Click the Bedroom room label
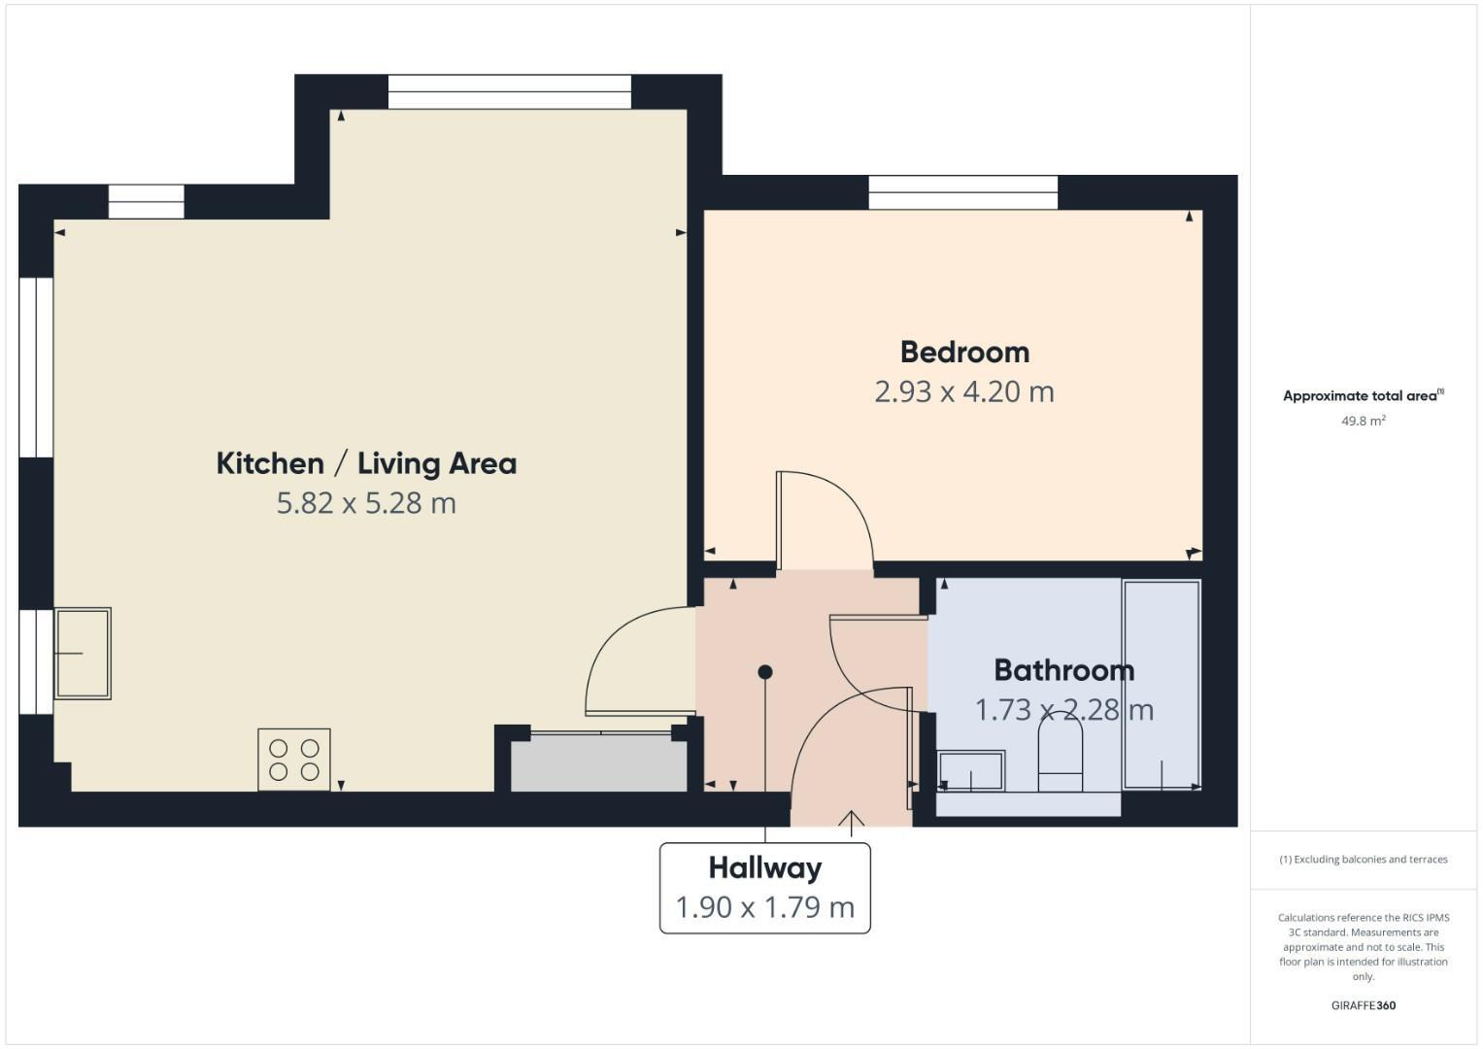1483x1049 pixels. tap(963, 352)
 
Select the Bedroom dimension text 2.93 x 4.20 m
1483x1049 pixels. tap(963, 391)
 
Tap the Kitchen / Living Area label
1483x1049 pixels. tap(366, 463)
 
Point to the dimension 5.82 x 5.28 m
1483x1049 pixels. tap(366, 503)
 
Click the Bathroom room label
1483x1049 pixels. tap(1063, 670)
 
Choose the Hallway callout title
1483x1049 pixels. tap(764, 867)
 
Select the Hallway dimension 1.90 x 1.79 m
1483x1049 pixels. tap(764, 907)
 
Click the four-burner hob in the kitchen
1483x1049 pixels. tap(294, 760)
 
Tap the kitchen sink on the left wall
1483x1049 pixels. tap(83, 654)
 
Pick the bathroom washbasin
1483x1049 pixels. tap(971, 771)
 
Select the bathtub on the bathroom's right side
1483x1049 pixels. tap(1162, 684)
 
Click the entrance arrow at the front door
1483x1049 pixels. tap(852, 822)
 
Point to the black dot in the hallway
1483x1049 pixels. tap(765, 672)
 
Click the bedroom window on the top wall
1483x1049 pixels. tap(962, 192)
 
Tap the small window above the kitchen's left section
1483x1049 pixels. tap(146, 202)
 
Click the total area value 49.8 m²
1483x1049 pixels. tap(1363, 421)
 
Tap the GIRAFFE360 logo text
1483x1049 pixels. tap(1363, 1005)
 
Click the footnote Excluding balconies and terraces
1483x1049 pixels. tap(1363, 860)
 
